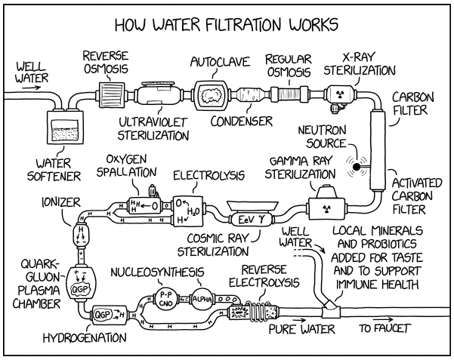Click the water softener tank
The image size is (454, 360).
point(65,127)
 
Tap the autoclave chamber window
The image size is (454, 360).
point(211,95)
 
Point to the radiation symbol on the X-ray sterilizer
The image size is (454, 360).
point(340,93)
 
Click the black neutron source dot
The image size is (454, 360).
point(357,167)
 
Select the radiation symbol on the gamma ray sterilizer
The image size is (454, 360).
point(327,208)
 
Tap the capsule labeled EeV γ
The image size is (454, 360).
point(251,220)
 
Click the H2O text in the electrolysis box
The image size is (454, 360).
point(193,212)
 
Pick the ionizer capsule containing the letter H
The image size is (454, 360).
point(81,234)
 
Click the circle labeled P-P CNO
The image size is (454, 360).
point(166,299)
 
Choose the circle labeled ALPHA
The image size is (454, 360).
point(202,299)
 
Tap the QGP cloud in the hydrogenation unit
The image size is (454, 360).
point(102,315)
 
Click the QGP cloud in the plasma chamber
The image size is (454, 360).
point(79,289)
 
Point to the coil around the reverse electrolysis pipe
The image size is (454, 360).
point(256,310)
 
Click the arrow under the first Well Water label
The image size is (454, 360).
point(33,88)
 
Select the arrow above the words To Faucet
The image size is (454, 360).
point(383,320)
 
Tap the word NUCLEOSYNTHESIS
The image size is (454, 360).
point(158,272)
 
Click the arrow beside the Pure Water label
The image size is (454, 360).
point(299,320)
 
